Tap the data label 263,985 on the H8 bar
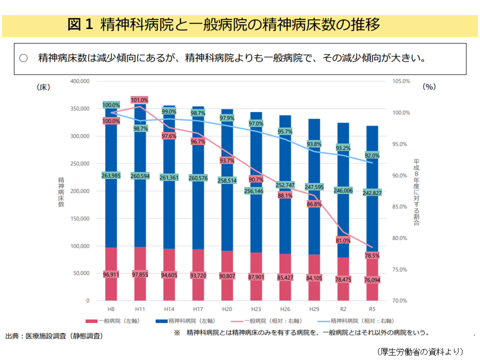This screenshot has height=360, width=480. [x=111, y=175]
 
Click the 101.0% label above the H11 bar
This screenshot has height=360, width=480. [x=139, y=100]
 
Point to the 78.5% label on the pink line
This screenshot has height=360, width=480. [x=372, y=255]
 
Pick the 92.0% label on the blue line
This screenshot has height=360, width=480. [x=372, y=155]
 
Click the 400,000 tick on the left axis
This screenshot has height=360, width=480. [x=79, y=81]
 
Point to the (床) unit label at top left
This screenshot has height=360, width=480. [x=43, y=87]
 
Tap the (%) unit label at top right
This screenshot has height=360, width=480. [x=429, y=87]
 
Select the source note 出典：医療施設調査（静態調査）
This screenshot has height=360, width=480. [x=54, y=336]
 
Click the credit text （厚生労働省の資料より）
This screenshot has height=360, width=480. [x=420, y=351]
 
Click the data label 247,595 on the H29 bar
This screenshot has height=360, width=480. [x=314, y=187]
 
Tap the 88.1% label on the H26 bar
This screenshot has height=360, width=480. [x=285, y=195]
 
